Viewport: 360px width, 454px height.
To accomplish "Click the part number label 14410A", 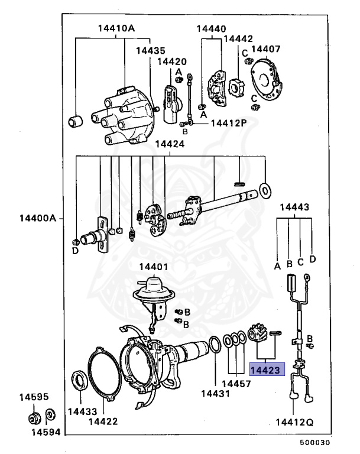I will (x=115, y=28).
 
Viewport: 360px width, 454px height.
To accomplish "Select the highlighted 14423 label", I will (x=267, y=370).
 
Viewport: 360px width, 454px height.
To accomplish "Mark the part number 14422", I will (x=103, y=421).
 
